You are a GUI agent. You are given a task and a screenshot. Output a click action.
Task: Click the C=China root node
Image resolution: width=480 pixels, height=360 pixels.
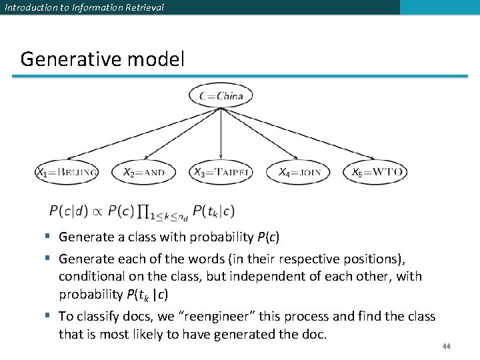click(x=221, y=96)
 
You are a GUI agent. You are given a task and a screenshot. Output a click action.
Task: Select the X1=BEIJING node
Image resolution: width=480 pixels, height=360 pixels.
click(x=67, y=172)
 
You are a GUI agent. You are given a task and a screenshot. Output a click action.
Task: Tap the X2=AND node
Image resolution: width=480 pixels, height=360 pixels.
click(x=143, y=172)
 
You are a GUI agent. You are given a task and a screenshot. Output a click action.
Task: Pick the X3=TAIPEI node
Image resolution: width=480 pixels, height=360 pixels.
click(x=221, y=172)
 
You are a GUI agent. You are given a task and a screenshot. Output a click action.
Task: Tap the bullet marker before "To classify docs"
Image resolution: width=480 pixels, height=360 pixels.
click(x=51, y=316)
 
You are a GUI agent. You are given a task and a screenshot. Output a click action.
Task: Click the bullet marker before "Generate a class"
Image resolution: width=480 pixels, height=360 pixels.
click(x=51, y=237)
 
